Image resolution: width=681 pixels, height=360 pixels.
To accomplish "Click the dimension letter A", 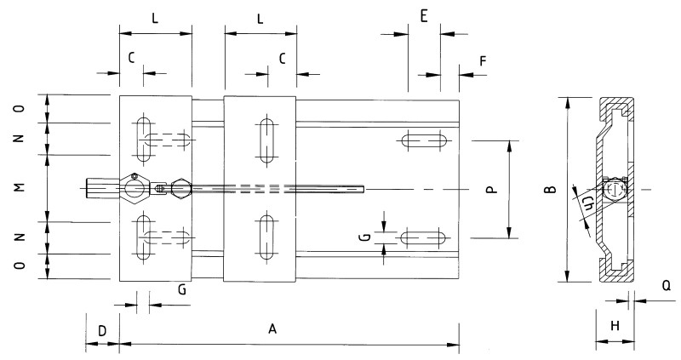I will (x=272, y=328).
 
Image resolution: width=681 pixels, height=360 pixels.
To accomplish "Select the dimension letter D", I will (x=101, y=329).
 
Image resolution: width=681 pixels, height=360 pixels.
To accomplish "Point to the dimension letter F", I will (x=483, y=61).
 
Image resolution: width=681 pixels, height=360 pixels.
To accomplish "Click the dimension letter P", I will (x=491, y=190).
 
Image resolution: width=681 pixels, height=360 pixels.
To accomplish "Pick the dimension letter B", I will (x=552, y=190).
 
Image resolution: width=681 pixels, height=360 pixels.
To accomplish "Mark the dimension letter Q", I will (x=667, y=287).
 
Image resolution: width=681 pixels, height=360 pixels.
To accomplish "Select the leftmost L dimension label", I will (x=154, y=16).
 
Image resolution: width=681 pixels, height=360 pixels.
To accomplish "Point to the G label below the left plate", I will (x=181, y=289).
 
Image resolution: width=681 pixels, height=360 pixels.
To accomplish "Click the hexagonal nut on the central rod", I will (x=180, y=188).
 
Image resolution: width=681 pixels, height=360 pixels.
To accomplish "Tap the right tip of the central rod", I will (x=363, y=188).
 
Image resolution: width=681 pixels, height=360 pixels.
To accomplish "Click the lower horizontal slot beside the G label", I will (x=425, y=236).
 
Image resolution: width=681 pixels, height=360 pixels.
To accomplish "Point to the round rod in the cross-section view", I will (x=614, y=189).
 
